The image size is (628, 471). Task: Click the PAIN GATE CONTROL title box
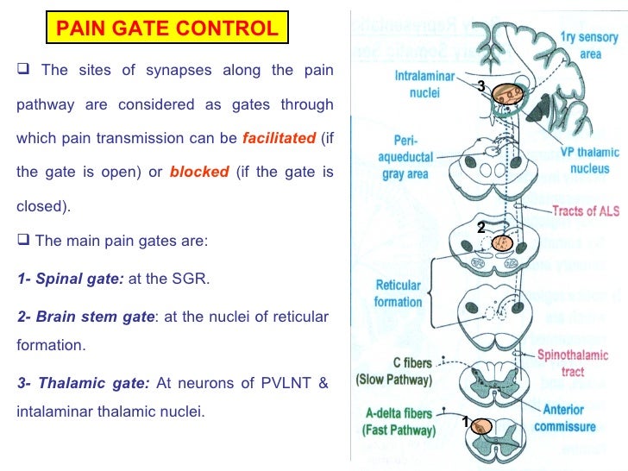coord(167,28)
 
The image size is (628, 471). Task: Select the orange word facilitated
coord(279,138)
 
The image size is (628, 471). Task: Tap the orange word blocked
coord(199,172)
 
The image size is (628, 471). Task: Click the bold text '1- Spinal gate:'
coord(72,280)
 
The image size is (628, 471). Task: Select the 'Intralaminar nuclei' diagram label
coord(420,84)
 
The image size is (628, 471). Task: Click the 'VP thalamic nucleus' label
coord(583,161)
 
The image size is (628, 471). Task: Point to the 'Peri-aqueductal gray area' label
coord(404,155)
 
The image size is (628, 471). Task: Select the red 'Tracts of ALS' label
coord(584,211)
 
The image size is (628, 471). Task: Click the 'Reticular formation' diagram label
coord(398,293)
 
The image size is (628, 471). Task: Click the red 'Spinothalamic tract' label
coord(572,363)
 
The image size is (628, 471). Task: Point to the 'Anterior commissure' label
coord(564,418)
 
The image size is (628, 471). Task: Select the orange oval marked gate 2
coord(501,243)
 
